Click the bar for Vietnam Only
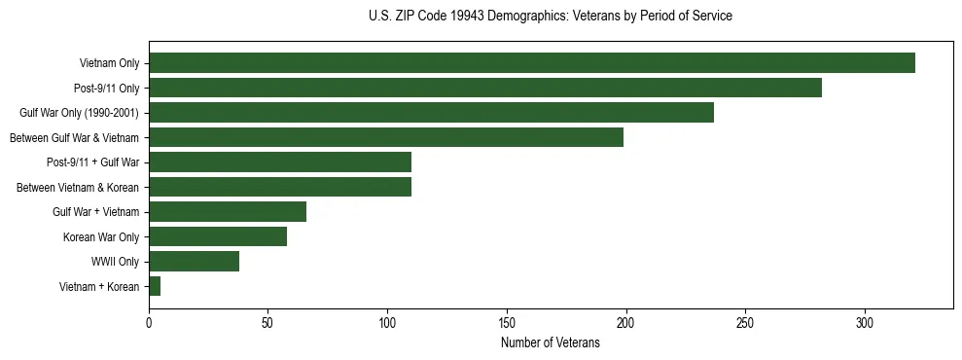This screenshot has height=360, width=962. point(531,63)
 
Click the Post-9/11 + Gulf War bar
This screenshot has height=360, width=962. point(280,162)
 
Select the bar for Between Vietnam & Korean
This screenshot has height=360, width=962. point(280,187)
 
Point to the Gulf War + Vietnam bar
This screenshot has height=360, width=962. point(228,211)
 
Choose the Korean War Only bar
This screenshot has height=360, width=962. point(218,236)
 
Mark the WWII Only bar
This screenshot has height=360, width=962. point(194,261)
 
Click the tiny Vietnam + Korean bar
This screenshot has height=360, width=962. point(155,286)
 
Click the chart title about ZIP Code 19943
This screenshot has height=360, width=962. point(551,17)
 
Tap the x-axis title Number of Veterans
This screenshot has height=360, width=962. point(551,343)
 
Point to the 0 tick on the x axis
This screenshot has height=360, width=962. point(149,321)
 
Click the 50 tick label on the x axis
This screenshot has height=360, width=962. point(267,321)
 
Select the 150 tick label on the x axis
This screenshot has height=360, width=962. point(507,321)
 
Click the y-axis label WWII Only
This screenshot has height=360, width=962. point(115,262)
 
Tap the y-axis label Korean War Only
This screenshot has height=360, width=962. point(101,236)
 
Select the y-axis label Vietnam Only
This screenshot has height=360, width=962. point(109,63)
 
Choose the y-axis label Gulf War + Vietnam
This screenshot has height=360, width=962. point(95,212)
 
